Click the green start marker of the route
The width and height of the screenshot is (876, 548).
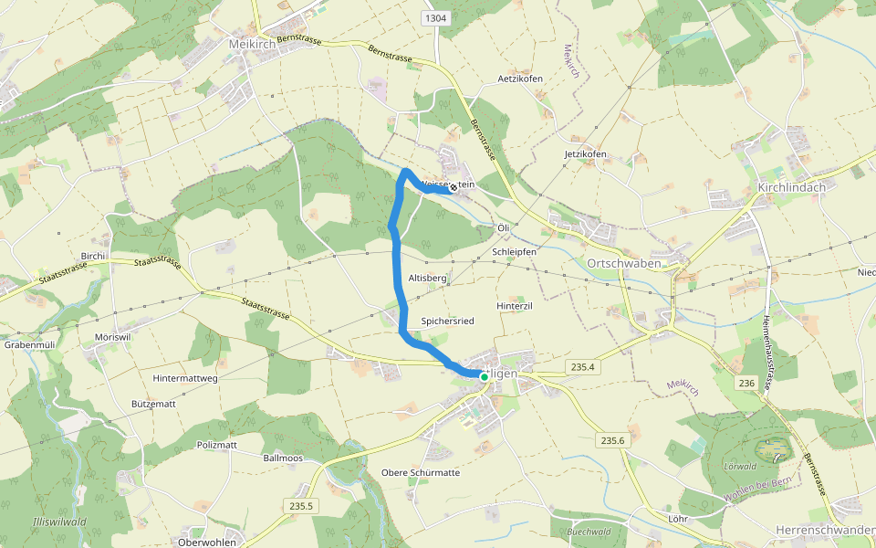point(484,375)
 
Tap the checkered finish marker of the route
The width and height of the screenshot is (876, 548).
point(453,187)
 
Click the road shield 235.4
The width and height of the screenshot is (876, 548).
point(581,367)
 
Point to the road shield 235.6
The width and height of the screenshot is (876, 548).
point(613,440)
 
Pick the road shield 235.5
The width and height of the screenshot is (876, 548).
point(301,506)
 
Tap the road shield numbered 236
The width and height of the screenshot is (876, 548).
point(748,384)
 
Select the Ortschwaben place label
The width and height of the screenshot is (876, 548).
point(620,263)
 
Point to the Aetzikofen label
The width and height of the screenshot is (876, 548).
point(520,79)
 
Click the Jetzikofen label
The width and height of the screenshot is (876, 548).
point(585,154)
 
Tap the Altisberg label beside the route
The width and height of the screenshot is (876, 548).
point(427,277)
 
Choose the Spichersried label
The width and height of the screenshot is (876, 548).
point(447,321)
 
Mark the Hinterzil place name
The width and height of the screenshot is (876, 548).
point(514,306)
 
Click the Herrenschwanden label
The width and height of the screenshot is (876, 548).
point(825,530)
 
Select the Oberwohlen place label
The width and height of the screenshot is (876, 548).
point(208,542)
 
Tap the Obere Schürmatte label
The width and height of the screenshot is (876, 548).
point(421,473)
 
